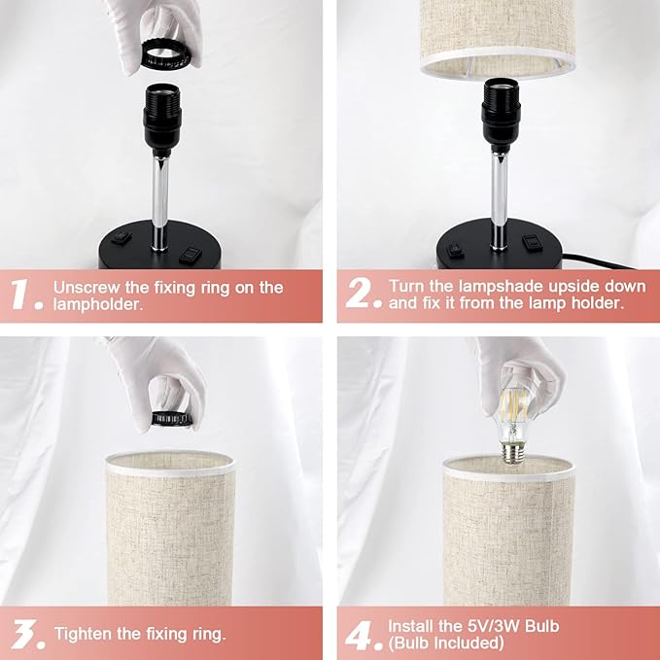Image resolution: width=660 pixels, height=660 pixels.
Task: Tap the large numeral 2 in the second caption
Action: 361,295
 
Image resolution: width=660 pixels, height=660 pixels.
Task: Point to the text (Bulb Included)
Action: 445,643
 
